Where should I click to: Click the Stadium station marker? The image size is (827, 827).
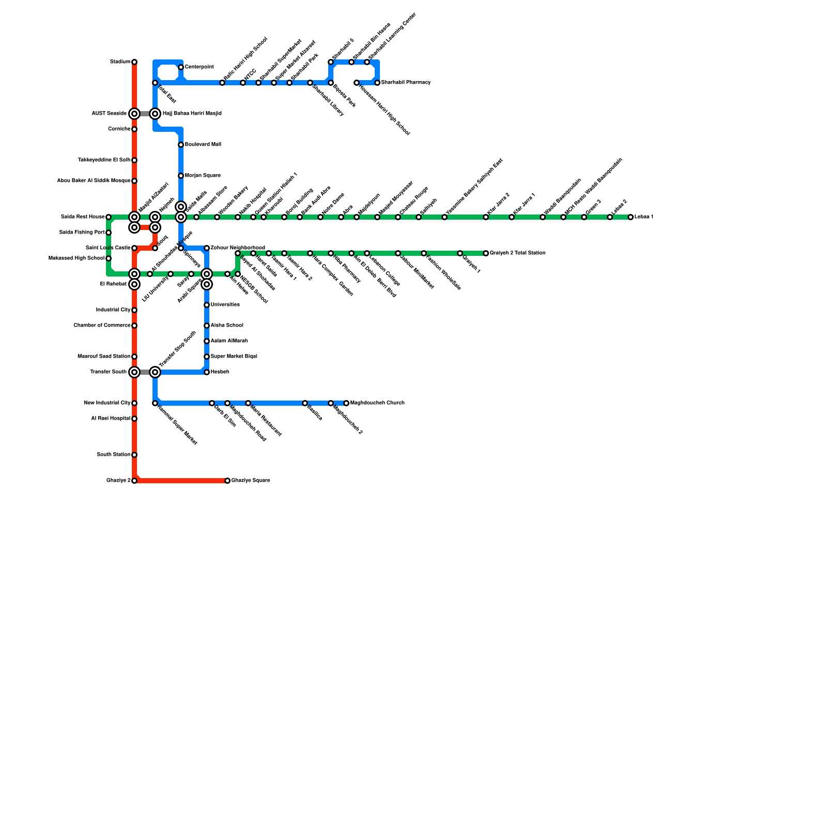[134, 62]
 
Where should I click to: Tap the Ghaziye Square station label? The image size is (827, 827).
[251, 481]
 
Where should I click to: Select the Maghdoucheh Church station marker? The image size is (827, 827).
[346, 403]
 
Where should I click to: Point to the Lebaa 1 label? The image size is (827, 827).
[644, 217]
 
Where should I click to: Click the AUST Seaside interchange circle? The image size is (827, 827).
[134, 114]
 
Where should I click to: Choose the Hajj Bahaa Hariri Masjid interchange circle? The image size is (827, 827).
[155, 114]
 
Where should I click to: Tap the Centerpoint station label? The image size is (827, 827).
[200, 67]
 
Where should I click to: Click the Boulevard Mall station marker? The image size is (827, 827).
[181, 145]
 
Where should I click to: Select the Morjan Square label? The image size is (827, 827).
[203, 176]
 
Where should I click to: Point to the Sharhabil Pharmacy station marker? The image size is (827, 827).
[377, 83]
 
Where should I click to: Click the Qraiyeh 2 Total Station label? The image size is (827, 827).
[518, 253]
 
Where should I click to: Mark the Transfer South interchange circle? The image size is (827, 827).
[134, 372]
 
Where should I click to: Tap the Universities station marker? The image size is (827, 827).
[207, 305]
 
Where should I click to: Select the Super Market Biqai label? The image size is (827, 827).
[234, 357]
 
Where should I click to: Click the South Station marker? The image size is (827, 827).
[134, 455]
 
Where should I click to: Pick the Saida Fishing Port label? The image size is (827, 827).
[82, 233]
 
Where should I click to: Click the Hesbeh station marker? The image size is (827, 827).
[207, 372]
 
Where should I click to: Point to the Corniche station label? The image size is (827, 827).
[119, 129]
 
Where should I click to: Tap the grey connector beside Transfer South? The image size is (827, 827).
[145, 372]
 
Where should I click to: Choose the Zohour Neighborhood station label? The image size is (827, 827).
[238, 248]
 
